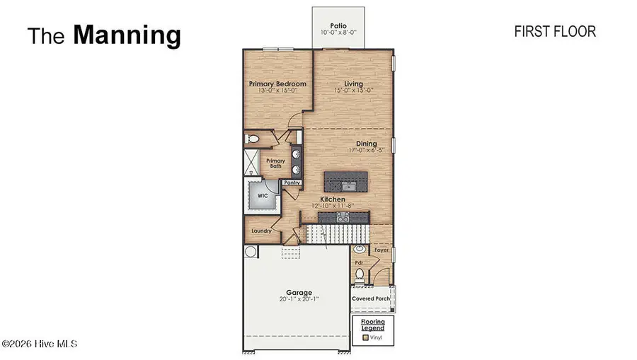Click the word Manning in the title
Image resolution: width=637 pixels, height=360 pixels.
pyautogui.click(x=127, y=35)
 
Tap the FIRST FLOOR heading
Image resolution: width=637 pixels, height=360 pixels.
pyautogui.click(x=554, y=32)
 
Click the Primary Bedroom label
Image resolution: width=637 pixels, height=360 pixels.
pyautogui.click(x=277, y=83)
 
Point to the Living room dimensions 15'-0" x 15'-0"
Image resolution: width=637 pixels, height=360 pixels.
pyautogui.click(x=353, y=91)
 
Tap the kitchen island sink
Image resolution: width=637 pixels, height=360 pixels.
pyautogui.click(x=346, y=185)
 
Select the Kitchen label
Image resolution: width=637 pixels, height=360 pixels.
pyautogui.click(x=333, y=199)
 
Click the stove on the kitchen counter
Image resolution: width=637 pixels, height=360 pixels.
pyautogui.click(x=340, y=219)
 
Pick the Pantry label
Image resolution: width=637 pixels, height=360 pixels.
pyautogui.click(x=292, y=183)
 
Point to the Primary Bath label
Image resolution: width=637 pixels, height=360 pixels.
pyautogui.click(x=275, y=164)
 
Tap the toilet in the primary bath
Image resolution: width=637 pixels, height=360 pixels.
pyautogui.click(x=251, y=139)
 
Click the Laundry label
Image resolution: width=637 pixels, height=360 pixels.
pyautogui.click(x=261, y=231)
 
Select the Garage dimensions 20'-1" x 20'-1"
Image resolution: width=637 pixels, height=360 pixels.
pyautogui.click(x=298, y=298)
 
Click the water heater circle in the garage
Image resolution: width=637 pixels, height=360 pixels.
pyautogui.click(x=251, y=251)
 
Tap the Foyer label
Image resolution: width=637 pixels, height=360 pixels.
pyautogui.click(x=381, y=250)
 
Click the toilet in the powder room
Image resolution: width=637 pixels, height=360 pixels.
pyautogui.click(x=359, y=274)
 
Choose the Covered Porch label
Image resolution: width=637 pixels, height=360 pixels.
pyautogui.click(x=372, y=298)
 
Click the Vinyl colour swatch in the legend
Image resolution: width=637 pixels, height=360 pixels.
pyautogui.click(x=365, y=338)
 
